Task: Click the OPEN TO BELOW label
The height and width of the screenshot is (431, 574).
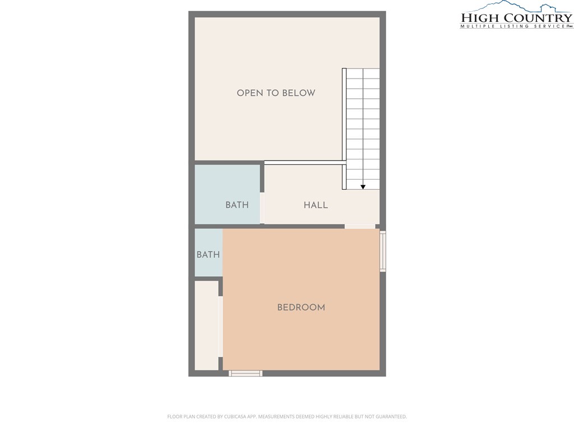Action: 276,93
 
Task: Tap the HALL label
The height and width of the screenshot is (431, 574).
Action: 316,205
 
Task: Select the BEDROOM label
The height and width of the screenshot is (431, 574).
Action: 301,308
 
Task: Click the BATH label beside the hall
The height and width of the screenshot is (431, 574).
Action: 237,205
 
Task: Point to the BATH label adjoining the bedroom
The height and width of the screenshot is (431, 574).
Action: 208,254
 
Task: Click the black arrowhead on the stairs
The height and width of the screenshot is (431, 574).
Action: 363,187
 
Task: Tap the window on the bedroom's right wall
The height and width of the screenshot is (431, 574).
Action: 382,251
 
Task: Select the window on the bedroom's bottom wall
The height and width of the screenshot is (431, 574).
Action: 246,373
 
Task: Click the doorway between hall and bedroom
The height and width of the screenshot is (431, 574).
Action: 360,227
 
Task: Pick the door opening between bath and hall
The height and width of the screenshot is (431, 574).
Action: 262,208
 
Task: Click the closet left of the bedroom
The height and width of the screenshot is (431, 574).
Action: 206,325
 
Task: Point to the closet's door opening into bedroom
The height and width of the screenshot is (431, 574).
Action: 220,327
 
